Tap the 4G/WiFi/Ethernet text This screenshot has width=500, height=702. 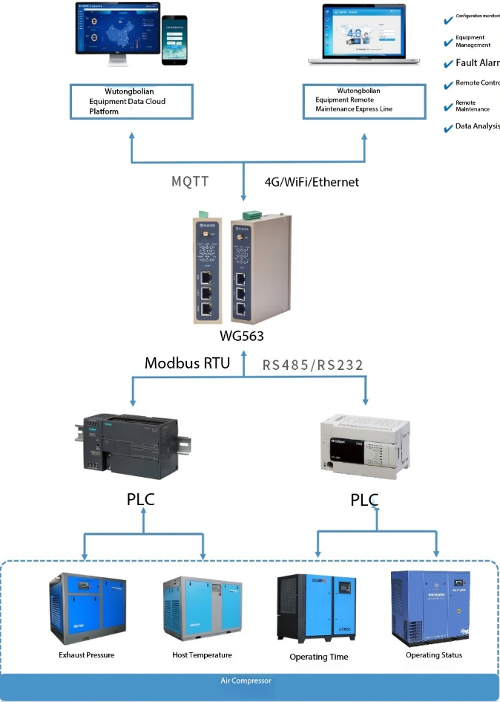coord(312,181)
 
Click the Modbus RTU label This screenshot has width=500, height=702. coord(188,363)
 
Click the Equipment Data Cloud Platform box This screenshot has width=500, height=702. coord(131,101)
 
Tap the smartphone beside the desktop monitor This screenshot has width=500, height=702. coord(174,41)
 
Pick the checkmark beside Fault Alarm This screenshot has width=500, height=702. coord(448,64)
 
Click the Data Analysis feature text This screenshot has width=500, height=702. coord(477,126)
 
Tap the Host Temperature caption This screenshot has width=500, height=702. coord(202,655)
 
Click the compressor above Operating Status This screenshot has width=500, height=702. coord(432,606)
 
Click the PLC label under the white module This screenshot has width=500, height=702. coord(364,500)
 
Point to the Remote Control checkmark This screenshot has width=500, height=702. coord(448,85)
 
